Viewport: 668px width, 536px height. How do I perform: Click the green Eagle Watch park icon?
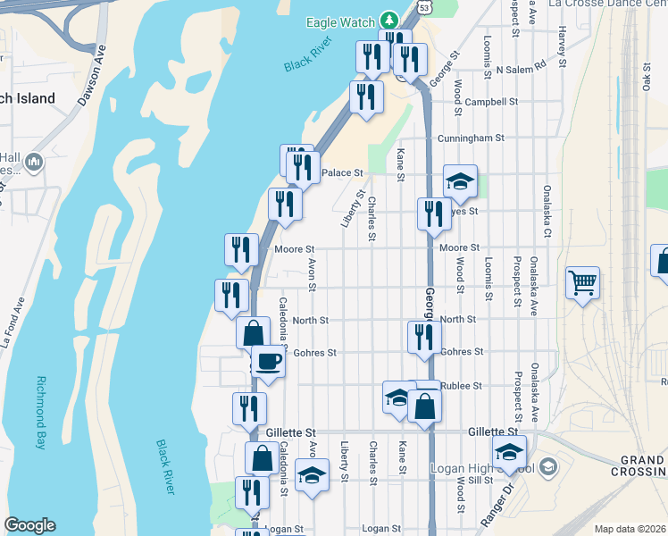(x=388, y=20)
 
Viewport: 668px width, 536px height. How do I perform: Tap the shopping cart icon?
(x=582, y=283)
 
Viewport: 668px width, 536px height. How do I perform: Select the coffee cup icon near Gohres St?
(x=268, y=361)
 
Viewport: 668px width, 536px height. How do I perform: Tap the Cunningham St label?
(x=471, y=138)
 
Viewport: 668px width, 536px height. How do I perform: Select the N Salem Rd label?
(x=521, y=69)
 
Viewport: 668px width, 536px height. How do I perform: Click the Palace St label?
(x=343, y=172)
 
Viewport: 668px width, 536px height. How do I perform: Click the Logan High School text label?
(x=482, y=468)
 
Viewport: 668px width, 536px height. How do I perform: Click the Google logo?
(x=29, y=525)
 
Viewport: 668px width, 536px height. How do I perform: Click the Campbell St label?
(x=491, y=102)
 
